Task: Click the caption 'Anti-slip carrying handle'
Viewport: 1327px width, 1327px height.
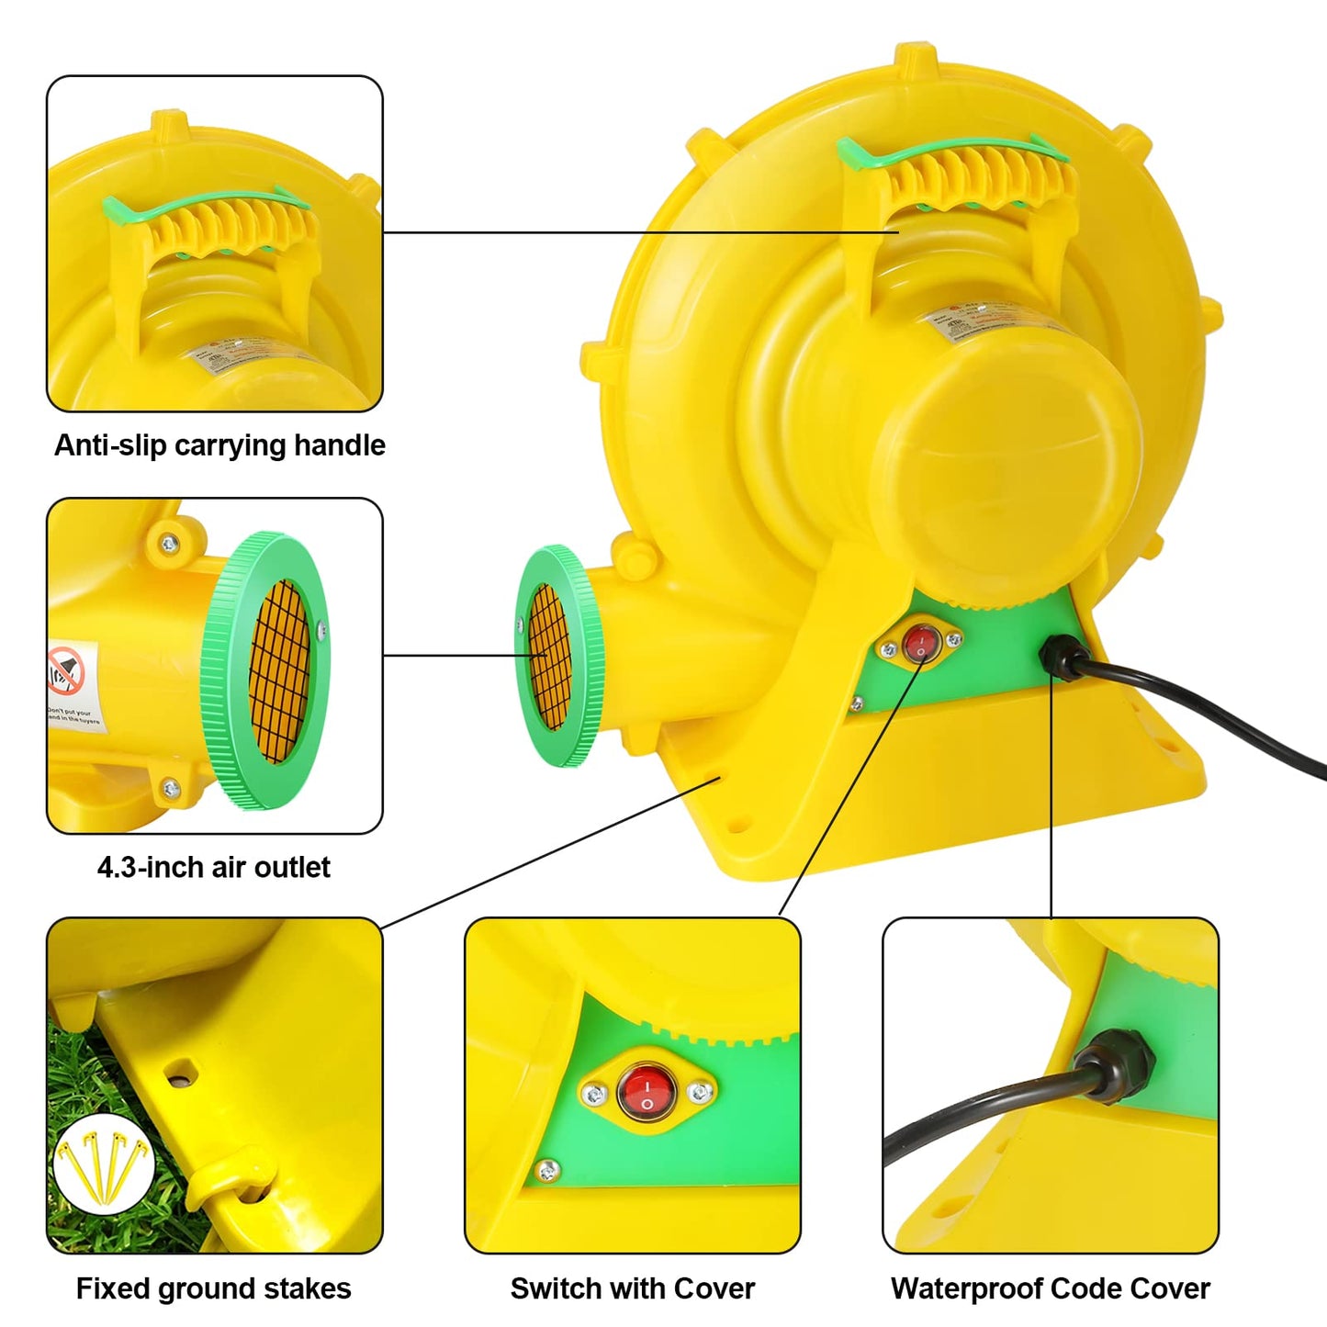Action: click(x=219, y=445)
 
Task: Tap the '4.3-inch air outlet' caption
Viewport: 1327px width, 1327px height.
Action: click(x=214, y=867)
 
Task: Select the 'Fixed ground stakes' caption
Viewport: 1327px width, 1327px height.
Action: click(x=213, y=1288)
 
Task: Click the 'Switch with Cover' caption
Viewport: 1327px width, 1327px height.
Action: click(x=632, y=1288)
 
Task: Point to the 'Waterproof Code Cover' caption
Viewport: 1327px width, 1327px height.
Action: click(x=1050, y=1288)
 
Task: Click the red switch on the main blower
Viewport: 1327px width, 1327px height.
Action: click(x=921, y=643)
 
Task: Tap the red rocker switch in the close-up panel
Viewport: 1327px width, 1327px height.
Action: click(x=647, y=1091)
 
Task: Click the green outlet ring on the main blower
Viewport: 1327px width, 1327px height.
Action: click(x=557, y=656)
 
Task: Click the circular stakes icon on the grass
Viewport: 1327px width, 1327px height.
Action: click(x=104, y=1165)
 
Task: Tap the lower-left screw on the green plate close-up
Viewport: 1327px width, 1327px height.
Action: click(x=547, y=1170)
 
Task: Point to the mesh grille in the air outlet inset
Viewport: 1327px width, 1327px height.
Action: click(x=279, y=671)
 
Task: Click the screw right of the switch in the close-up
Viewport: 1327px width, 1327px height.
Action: click(x=700, y=1092)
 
